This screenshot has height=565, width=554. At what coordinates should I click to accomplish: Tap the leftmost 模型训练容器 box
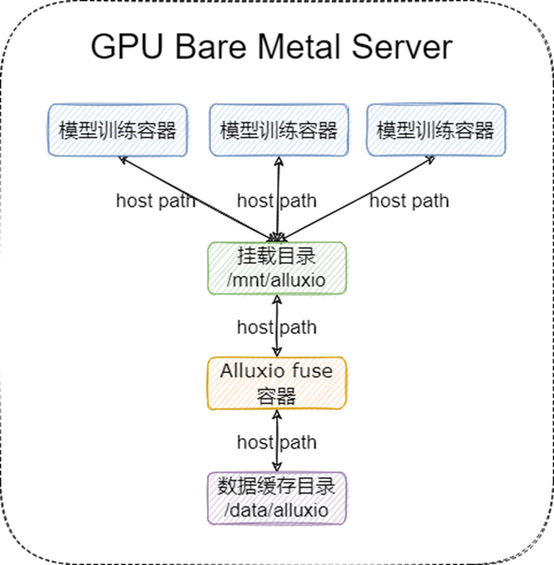pyautogui.click(x=118, y=129)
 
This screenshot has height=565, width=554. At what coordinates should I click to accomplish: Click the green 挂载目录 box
pyautogui.click(x=277, y=267)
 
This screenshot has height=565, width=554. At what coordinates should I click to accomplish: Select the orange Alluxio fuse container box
pyautogui.click(x=277, y=383)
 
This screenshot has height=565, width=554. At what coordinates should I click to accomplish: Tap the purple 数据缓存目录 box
pyautogui.click(x=277, y=498)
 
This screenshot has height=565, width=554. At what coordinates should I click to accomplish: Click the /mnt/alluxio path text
pyautogui.click(x=277, y=281)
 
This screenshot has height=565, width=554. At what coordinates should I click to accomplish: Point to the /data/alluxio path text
pyautogui.click(x=277, y=510)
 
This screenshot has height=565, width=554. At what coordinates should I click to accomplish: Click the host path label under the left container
pyautogui.click(x=155, y=201)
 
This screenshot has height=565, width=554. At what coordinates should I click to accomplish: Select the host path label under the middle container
pyautogui.click(x=276, y=201)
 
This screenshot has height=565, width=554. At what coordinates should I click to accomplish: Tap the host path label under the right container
pyautogui.click(x=409, y=201)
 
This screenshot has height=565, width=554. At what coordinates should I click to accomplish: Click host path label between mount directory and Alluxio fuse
pyautogui.click(x=276, y=327)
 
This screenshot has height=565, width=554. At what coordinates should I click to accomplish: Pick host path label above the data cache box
pyautogui.click(x=276, y=443)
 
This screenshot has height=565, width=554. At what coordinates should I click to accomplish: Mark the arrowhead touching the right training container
pyautogui.click(x=429, y=160)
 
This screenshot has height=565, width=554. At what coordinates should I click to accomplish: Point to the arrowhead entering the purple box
pyautogui.click(x=277, y=467)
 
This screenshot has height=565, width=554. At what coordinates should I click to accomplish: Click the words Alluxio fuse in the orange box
pyautogui.click(x=277, y=370)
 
